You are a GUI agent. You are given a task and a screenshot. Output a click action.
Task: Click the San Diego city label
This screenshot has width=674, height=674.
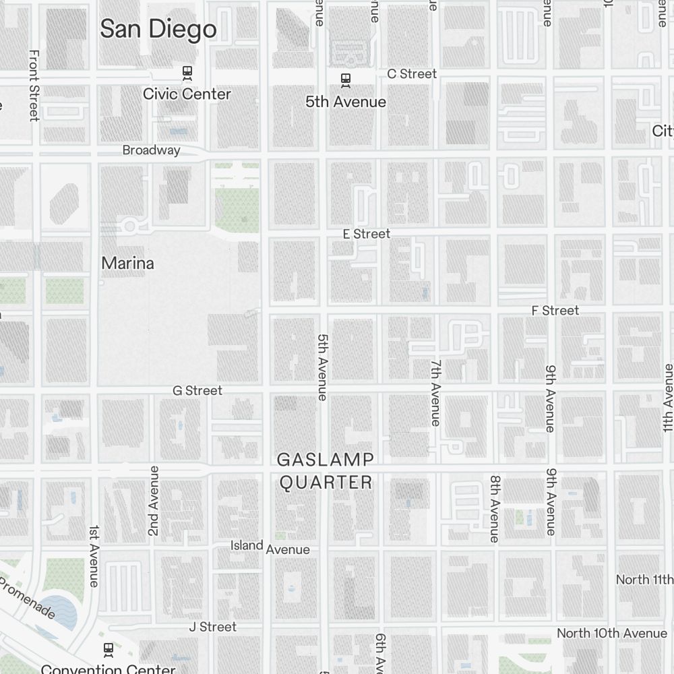(x=158, y=29)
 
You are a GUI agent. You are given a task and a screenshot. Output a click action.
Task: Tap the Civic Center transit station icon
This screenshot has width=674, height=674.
(x=187, y=72)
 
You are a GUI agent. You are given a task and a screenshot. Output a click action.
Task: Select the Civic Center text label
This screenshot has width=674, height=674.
(x=187, y=94)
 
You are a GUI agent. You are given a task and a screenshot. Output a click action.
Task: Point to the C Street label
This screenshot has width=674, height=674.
(x=412, y=73)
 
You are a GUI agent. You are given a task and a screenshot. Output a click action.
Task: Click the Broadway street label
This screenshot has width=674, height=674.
(x=151, y=150)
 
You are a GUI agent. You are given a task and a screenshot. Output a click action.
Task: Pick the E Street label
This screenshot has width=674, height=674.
(x=366, y=234)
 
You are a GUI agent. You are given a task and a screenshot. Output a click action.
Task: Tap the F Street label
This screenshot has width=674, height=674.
(x=555, y=310)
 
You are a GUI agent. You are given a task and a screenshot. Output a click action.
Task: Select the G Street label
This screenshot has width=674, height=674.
(x=197, y=390)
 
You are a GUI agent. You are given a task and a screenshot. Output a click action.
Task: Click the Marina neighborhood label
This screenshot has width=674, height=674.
(x=127, y=263)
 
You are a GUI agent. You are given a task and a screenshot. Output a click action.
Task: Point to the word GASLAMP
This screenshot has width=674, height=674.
(x=326, y=460)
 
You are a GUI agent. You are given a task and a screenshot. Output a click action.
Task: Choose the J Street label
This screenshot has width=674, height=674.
(x=212, y=627)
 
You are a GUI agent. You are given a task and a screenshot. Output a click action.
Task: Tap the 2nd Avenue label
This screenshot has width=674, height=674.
(x=154, y=501)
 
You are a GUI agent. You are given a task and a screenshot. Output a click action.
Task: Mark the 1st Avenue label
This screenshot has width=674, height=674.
(x=94, y=556)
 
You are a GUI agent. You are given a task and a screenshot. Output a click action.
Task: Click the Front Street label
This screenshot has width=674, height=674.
(x=34, y=85)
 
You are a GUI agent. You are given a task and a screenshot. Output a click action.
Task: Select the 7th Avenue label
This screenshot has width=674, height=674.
(x=436, y=392)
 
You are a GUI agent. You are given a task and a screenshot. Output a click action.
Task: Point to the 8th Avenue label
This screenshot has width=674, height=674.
(x=495, y=509)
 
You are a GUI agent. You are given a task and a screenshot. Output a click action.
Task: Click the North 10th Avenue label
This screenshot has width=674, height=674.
(x=611, y=634)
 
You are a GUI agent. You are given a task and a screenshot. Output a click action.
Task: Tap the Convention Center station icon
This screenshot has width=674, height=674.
(x=108, y=650)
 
